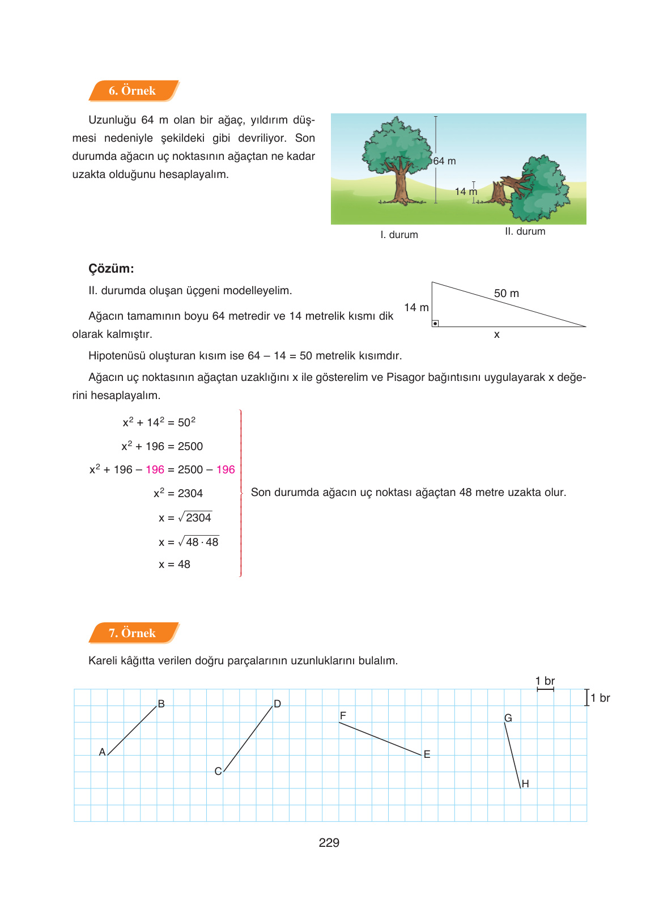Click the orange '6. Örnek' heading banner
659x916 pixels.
[133, 91]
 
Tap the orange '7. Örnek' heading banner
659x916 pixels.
[133, 633]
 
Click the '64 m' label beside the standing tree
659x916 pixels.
[445, 161]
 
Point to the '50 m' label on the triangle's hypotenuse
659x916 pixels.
[506, 293]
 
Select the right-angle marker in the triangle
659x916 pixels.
[435, 324]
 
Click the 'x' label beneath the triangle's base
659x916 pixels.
[496, 335]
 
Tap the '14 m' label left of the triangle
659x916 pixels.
[416, 307]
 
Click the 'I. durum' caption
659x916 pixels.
[399, 235]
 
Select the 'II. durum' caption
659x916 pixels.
[525, 231]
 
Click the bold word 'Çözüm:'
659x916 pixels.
[111, 269]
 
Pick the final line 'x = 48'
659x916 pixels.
[175, 565]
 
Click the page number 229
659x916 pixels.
[329, 842]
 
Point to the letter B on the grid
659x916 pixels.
[161, 704]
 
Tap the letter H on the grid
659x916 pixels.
[525, 784]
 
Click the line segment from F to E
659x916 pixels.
[380, 739]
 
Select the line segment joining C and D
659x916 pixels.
[248, 739]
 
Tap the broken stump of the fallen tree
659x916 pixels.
[499, 194]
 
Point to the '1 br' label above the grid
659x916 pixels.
[545, 681]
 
